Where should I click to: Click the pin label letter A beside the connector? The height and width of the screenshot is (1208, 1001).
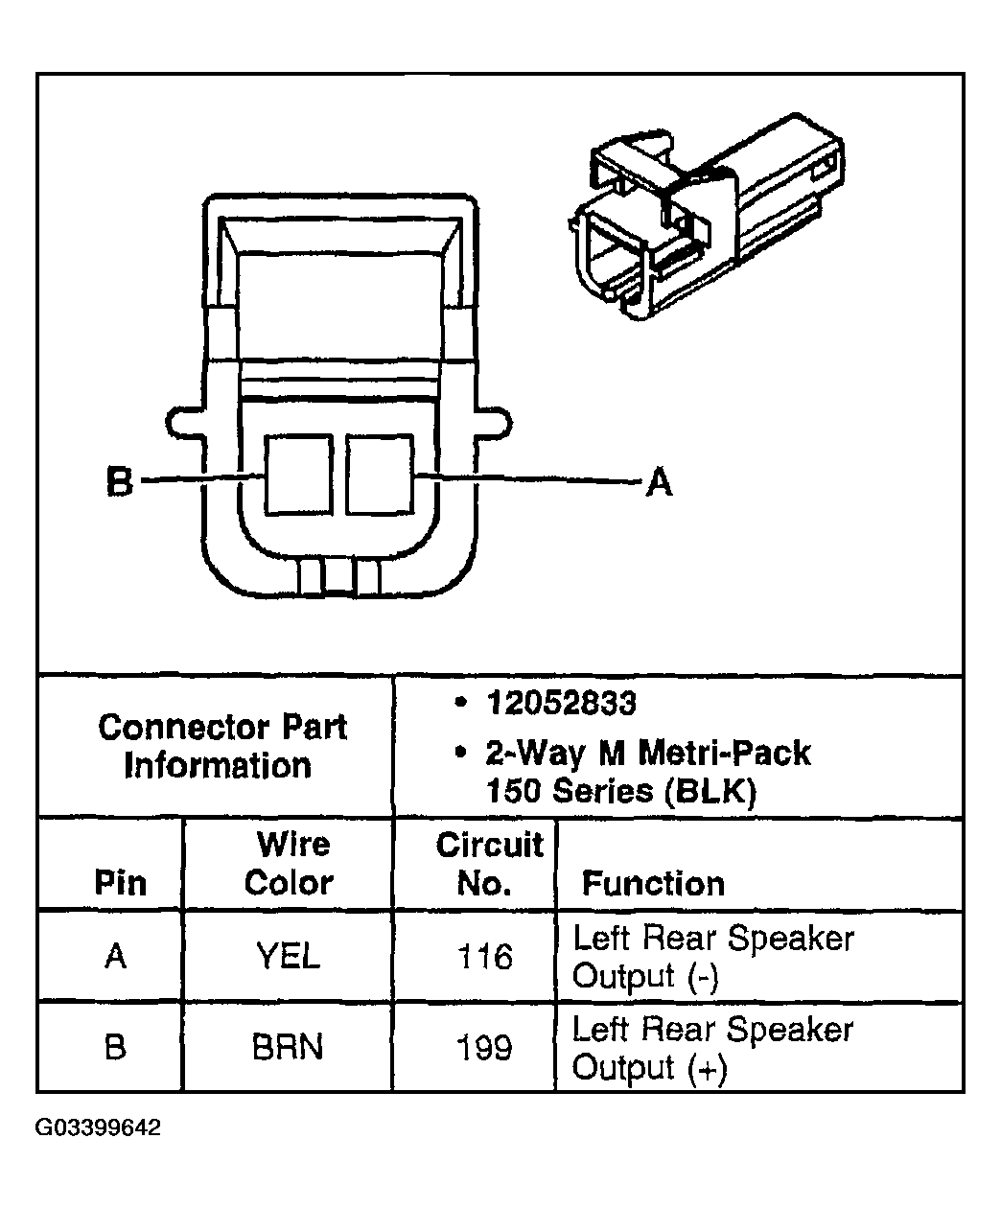659,481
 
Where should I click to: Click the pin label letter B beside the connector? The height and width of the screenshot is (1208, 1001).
120,481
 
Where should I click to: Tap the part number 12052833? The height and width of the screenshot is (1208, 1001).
561,704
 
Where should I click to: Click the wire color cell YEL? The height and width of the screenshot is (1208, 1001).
288,957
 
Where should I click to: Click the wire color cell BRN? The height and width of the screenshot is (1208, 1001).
288,1048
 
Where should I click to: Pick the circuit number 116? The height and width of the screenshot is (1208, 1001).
485,957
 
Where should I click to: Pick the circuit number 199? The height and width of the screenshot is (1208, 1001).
485,1048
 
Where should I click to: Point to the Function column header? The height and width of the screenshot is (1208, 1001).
653,883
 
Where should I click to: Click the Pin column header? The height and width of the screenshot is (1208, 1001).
121,883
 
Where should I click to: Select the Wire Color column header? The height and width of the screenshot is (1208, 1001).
290,863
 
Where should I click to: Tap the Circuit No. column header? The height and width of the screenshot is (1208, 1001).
488,863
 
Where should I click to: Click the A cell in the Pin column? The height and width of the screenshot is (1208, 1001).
115,957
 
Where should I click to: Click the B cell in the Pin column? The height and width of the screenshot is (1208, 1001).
115,1048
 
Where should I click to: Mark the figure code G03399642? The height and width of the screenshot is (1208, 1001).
99,1127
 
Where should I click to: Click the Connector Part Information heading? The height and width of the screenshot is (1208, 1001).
221,746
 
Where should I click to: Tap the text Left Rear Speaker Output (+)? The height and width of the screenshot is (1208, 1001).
711,1048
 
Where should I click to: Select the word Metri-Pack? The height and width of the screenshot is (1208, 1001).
725,753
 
